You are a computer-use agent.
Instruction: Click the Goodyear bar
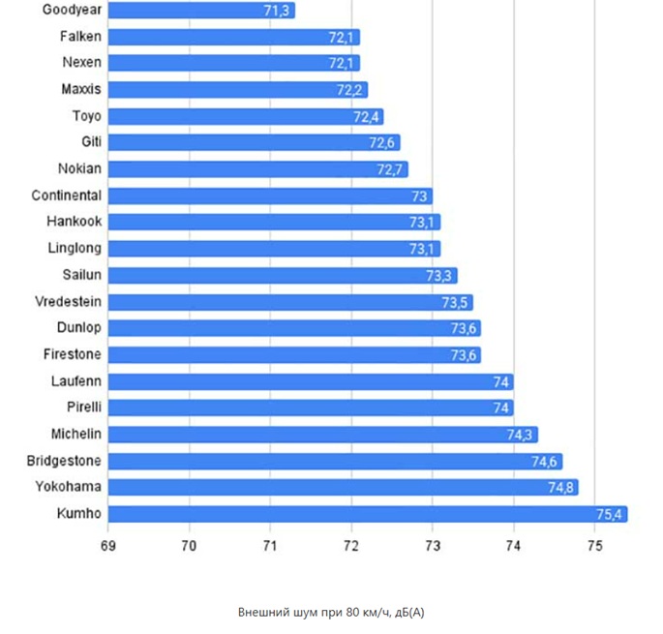pyautogui.click(x=200, y=11)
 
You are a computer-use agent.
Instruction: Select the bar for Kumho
pyautogui.click(x=367, y=513)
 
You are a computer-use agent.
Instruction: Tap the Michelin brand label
pyautogui.click(x=76, y=434)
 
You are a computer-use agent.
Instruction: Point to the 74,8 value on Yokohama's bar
pyautogui.click(x=561, y=487)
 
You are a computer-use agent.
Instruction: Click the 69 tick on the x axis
pyautogui.click(x=107, y=546)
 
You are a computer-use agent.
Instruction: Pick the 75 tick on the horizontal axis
pyautogui.click(x=594, y=546)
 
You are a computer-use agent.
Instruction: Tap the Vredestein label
pyautogui.click(x=67, y=301)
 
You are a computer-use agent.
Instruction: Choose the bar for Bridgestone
pyautogui.click(x=334, y=461)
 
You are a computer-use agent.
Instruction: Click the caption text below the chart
pyautogui.click(x=331, y=613)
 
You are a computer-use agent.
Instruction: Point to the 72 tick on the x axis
pyautogui.click(x=350, y=546)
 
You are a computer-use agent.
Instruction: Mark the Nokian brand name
pyautogui.click(x=79, y=168)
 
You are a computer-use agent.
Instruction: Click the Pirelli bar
pyautogui.click(x=310, y=408)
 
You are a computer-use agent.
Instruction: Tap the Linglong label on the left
pyautogui.click(x=75, y=249)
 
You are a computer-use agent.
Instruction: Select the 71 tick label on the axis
pyautogui.click(x=269, y=546)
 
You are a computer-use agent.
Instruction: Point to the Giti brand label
pyautogui.click(x=92, y=142)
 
